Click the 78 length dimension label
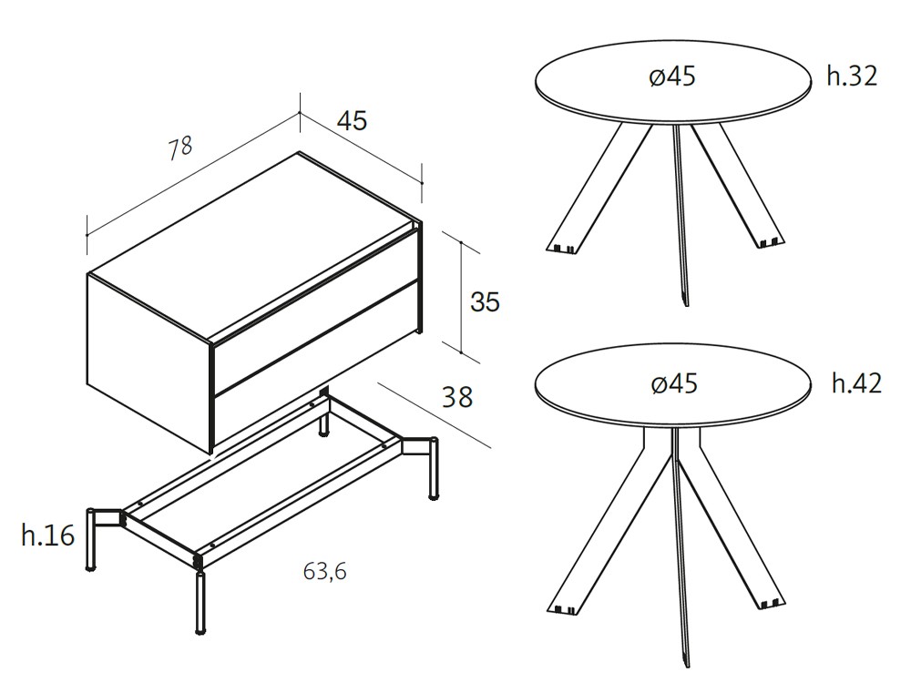tap(180, 148)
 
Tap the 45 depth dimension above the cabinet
tap(352, 121)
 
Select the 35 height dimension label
tap(485, 302)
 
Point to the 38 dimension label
tap(458, 397)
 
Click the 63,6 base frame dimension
tap(325, 572)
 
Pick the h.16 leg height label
tap(48, 535)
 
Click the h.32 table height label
tap(852, 76)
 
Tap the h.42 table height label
tap(856, 383)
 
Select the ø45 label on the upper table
tap(672, 76)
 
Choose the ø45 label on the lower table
tap(674, 384)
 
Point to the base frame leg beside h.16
tap(91, 540)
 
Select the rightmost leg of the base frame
tap(434, 468)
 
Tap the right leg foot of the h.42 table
tap(773, 603)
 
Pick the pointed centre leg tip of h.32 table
tap(686, 302)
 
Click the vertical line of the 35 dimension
tap(461, 297)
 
